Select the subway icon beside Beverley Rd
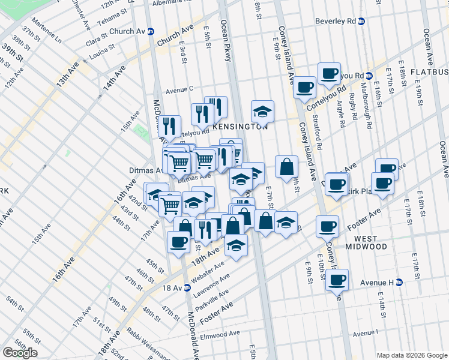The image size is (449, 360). pyautogui.click(x=361, y=22)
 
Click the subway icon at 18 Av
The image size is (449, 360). pyautogui.click(x=187, y=288)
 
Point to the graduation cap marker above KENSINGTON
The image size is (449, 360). pyautogui.click(x=262, y=112)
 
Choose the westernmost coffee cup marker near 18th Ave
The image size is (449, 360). pyautogui.click(x=179, y=242)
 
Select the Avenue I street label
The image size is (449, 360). pyautogui.click(x=366, y=334)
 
